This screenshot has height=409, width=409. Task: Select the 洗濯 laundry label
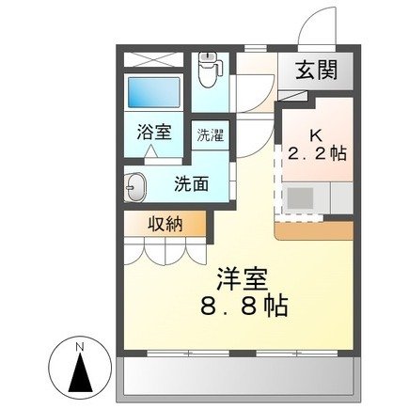[210, 134]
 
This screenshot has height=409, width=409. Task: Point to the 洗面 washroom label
[192, 183]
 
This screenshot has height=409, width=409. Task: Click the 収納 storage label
[165, 224]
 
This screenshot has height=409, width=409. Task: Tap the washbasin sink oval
[134, 188]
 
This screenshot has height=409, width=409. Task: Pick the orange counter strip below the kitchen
[313, 229]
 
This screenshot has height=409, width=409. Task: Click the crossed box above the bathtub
[154, 58]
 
